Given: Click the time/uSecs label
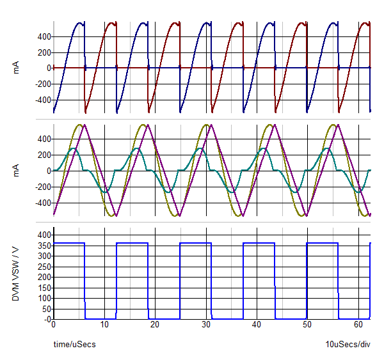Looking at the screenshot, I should click(74, 345).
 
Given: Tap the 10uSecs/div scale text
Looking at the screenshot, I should click(348, 345).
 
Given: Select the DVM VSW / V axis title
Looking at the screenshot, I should click(17, 274).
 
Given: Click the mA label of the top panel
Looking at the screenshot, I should click(17, 68).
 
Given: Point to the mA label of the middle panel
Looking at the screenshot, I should click(17, 171).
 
